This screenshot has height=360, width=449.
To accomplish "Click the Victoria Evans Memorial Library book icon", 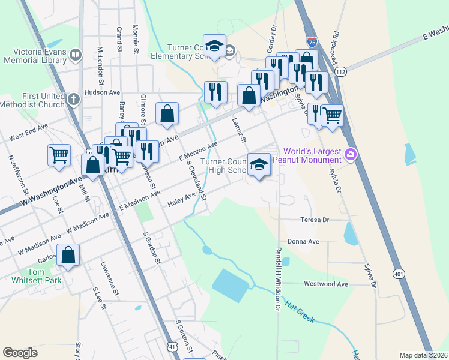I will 76,56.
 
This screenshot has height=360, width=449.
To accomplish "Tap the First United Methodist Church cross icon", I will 73,99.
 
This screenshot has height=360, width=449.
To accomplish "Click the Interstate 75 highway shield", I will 312,41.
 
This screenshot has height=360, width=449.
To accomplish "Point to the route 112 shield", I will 340,72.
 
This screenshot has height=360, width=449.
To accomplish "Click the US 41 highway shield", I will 172,347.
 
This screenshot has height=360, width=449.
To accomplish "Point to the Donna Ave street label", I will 307,242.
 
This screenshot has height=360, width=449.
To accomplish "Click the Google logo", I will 20,353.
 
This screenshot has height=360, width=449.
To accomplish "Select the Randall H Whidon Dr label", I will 278,279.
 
